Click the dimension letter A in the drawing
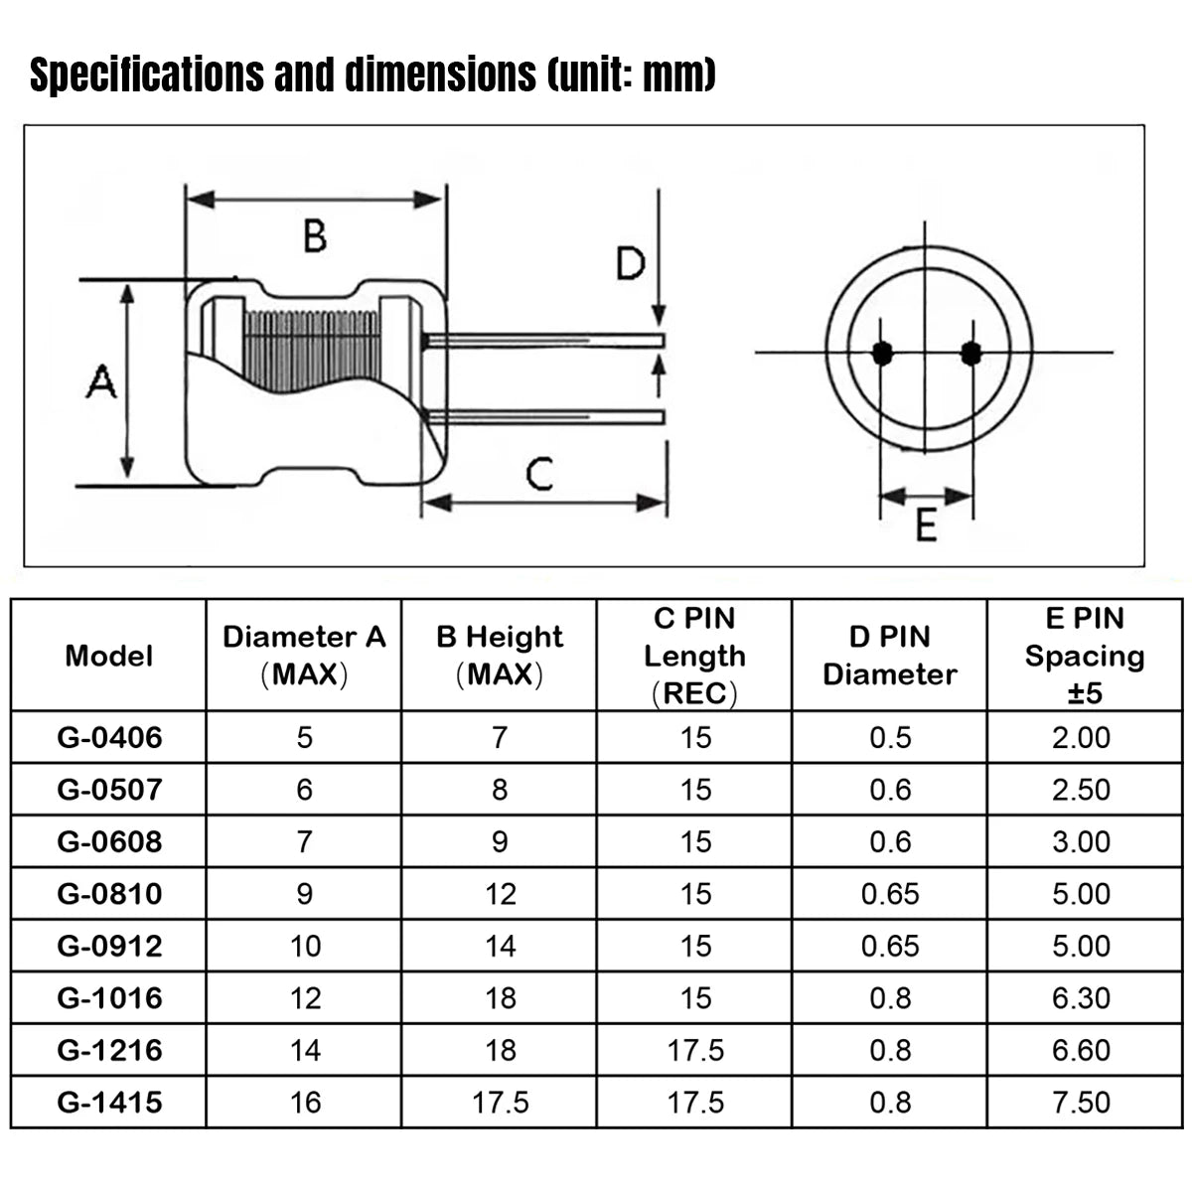click(101, 381)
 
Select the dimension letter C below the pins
click(539, 474)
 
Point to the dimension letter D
click(631, 263)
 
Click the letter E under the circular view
click(926, 525)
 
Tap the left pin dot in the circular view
click(881, 354)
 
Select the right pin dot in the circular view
click(971, 354)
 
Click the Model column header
click(109, 656)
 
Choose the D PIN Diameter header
click(889, 656)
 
